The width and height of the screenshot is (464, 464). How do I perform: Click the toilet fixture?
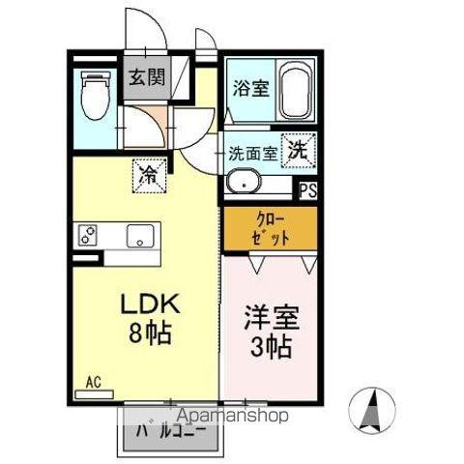pos(95,97)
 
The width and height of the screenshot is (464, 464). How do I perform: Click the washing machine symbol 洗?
pos(301,150)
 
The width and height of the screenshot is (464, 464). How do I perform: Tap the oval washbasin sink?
pos(242,182)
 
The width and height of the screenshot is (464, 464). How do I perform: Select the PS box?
pos(307,191)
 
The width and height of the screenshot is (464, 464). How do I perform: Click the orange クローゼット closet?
pos(270,228)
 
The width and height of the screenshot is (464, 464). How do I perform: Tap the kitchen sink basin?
pos(139,235)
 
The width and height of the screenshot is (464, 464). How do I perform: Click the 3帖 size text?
pos(267,346)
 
